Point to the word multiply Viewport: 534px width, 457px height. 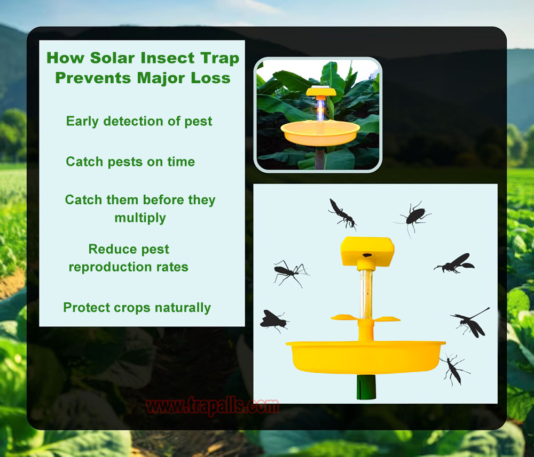[x=140, y=218]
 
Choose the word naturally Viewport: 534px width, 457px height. [x=183, y=308]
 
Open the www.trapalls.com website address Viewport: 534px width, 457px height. [x=212, y=406]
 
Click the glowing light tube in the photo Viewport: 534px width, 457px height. [x=320, y=109]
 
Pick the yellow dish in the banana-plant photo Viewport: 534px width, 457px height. [x=320, y=133]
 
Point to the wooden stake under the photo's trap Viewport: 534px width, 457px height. [x=320, y=158]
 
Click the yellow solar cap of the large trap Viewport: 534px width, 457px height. [x=367, y=251]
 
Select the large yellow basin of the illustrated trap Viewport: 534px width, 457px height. [x=365, y=357]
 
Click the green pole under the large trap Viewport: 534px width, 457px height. [x=366, y=387]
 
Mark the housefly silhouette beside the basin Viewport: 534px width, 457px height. [x=273, y=321]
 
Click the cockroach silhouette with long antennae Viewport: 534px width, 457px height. [x=413, y=218]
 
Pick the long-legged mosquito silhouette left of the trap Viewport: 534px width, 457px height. [x=290, y=272]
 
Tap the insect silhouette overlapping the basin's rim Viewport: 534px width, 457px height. [x=454, y=368]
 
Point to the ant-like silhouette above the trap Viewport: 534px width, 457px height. [x=342, y=213]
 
